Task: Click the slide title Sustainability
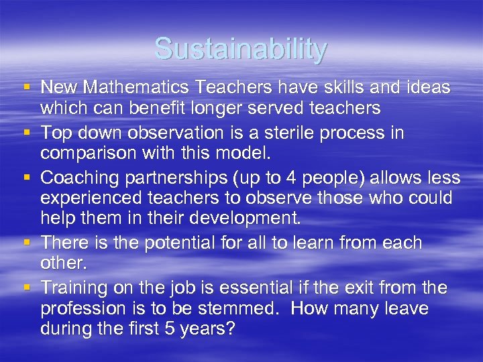tap(241, 49)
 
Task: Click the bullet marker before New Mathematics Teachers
tap(25, 88)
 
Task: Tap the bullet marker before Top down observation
tap(25, 133)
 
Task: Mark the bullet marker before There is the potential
tap(25, 243)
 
